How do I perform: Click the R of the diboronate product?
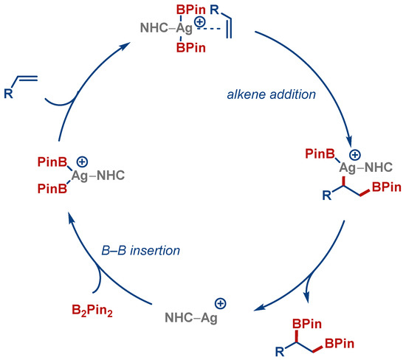[x=278, y=342]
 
